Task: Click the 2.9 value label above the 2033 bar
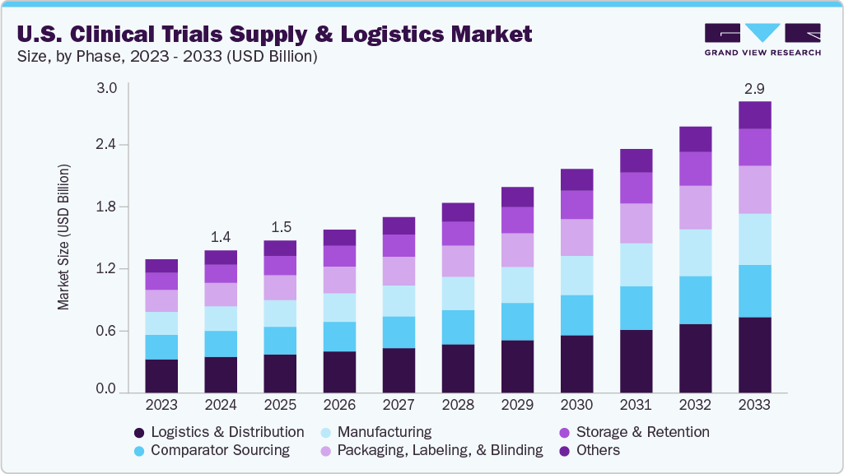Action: [754, 87]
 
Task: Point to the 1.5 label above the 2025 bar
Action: [280, 226]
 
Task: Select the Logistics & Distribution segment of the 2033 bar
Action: [754, 354]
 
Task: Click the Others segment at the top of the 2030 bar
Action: [576, 179]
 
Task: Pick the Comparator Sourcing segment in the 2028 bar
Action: [458, 327]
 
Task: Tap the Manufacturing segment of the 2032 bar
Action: [695, 253]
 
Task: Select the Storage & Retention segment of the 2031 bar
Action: [636, 188]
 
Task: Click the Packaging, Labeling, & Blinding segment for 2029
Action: [517, 249]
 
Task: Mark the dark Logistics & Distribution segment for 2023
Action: [161, 375]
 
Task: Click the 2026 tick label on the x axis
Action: [339, 405]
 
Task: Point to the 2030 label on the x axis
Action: [576, 405]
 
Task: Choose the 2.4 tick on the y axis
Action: [106, 145]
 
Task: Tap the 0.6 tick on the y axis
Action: [106, 331]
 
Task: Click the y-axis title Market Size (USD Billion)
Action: [63, 237]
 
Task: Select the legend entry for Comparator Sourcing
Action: [219, 450]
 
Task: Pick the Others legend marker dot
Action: [565, 451]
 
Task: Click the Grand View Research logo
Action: [762, 39]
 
